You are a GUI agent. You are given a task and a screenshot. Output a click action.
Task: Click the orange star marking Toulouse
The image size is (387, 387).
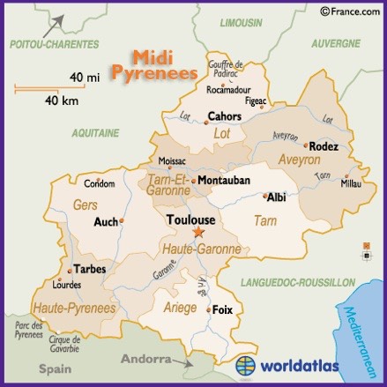coord(197,233)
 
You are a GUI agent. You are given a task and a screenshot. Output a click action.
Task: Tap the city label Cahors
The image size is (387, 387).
coord(224,115)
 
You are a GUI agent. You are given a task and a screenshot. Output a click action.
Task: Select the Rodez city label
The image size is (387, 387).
coord(324,146)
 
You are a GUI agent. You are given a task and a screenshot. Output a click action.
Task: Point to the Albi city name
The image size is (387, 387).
coord(276,197)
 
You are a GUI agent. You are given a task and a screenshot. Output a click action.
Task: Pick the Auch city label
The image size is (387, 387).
coord(106,222)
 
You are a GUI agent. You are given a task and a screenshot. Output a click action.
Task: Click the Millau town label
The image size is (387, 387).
coord(351,184)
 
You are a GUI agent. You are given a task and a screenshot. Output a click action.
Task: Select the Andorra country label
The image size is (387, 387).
coord(144,361)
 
